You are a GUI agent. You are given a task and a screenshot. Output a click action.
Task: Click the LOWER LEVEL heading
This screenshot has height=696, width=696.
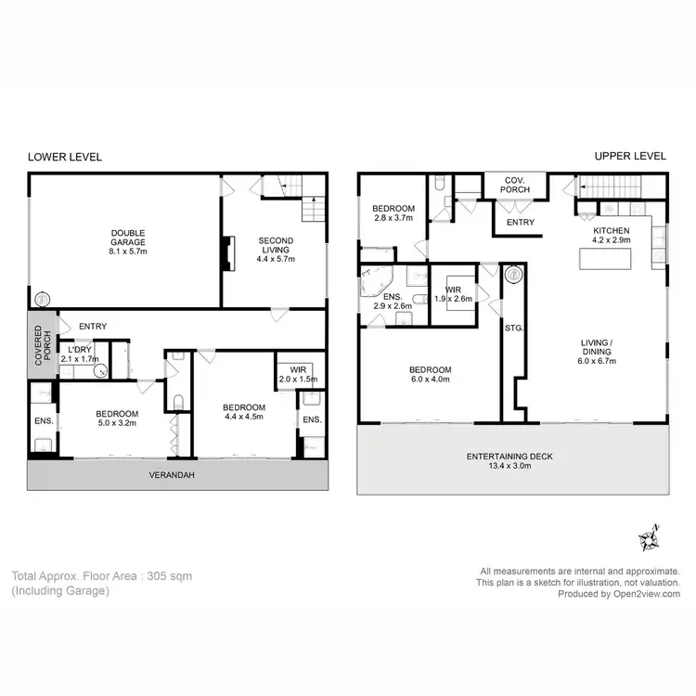65,157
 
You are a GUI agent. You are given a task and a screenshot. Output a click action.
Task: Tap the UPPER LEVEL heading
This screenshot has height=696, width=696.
630,157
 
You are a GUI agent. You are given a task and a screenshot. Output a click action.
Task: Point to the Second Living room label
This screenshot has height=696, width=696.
275,250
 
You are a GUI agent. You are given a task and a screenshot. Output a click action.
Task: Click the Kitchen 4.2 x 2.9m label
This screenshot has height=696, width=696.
611,236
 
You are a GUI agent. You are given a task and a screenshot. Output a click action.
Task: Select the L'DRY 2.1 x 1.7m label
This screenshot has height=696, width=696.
79,354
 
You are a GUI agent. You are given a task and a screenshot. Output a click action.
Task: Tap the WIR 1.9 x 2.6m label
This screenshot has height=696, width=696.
458,293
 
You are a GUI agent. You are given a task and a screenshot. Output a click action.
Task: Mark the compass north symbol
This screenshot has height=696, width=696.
647,537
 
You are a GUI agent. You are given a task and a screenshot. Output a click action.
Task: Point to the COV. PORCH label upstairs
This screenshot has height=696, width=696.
517,185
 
